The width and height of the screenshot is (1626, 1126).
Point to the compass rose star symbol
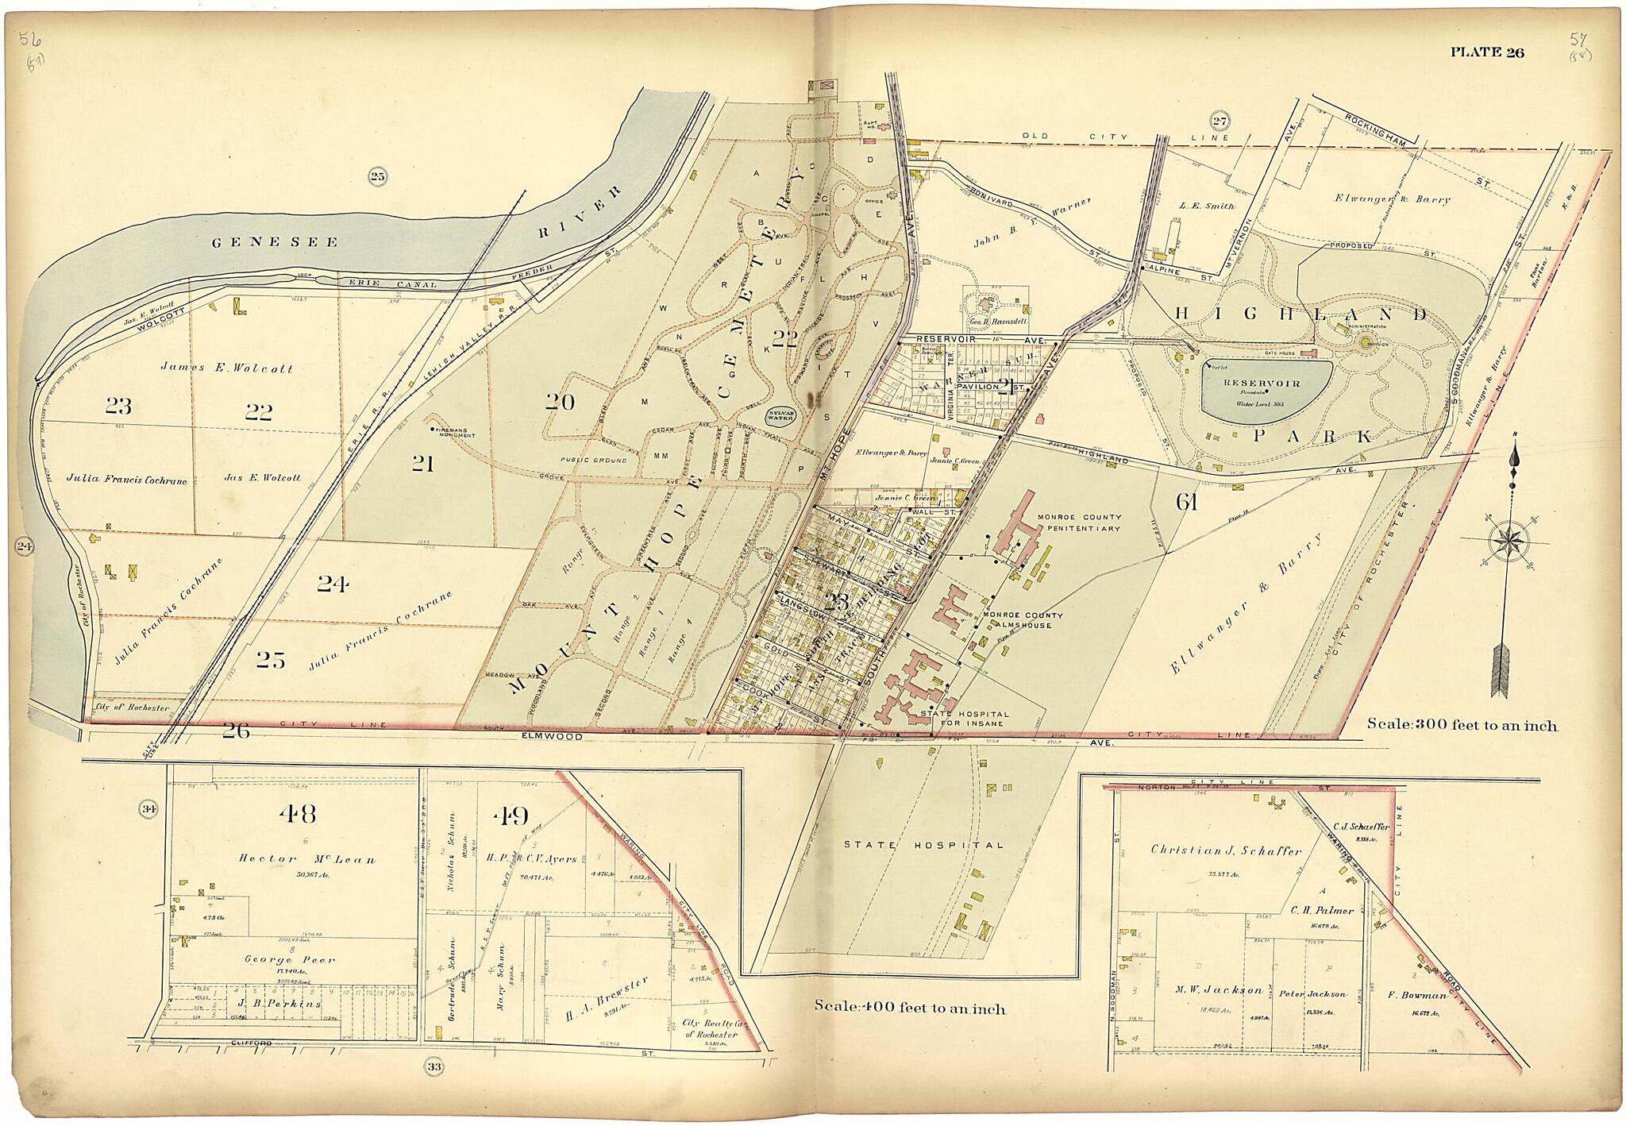click(x=1510, y=542)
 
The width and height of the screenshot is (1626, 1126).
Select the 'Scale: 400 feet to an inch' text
click(x=910, y=1008)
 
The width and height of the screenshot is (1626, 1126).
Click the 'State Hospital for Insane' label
click(x=964, y=718)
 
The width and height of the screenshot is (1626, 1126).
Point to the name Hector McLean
click(x=306, y=858)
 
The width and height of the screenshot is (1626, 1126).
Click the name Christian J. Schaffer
click(x=1226, y=850)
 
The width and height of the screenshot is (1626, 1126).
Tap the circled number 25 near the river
click(x=377, y=176)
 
